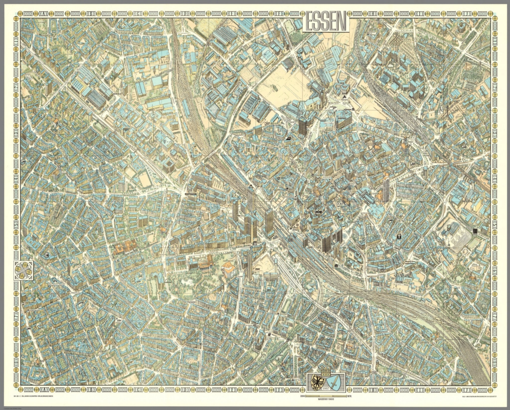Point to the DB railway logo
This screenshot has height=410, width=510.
coord(291,239)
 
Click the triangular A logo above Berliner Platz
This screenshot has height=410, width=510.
coord(345,97)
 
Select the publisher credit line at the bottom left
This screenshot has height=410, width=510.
coord(37,395)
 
